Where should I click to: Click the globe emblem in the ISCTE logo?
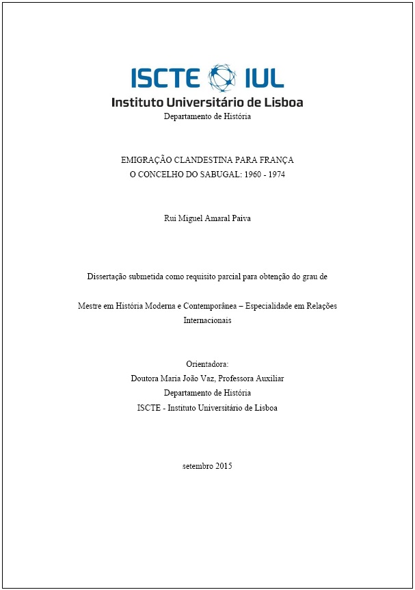221,77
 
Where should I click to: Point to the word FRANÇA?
276,159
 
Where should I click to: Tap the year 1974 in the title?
276,175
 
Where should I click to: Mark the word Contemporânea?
203,305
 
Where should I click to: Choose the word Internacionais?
207,320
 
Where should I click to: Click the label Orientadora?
207,363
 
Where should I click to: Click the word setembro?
197,466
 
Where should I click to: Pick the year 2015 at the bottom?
224,466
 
